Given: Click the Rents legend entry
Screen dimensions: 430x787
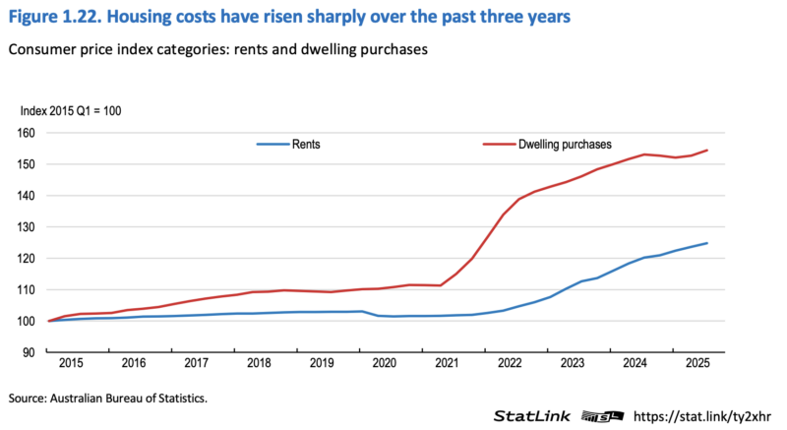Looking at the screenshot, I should click(x=306, y=144).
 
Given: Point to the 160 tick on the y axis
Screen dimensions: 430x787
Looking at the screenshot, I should click(x=27, y=133).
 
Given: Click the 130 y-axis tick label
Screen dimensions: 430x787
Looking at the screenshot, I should click(x=27, y=227).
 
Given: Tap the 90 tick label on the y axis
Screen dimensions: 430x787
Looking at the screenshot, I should click(x=30, y=352).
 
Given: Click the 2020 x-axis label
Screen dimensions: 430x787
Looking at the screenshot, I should click(x=386, y=364).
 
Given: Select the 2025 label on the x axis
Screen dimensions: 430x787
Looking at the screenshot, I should click(x=697, y=364).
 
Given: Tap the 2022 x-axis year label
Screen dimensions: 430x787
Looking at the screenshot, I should click(x=510, y=364).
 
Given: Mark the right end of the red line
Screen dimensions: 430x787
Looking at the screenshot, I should click(x=708, y=151).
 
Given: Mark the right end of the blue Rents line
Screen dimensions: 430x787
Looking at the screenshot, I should click(x=708, y=243).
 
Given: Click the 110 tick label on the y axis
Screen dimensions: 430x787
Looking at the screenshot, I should click(x=27, y=290).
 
